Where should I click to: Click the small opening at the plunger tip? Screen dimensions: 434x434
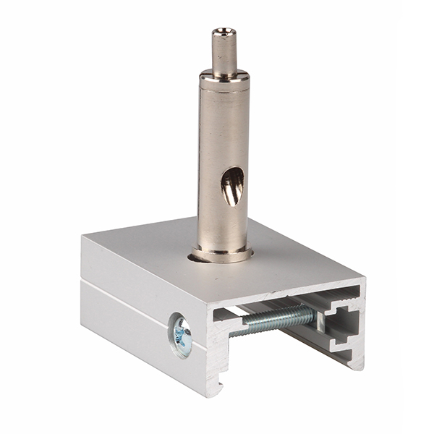(224, 31)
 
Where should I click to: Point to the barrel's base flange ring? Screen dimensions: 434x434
(223, 254)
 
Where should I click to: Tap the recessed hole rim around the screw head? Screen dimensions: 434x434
(173, 334)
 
